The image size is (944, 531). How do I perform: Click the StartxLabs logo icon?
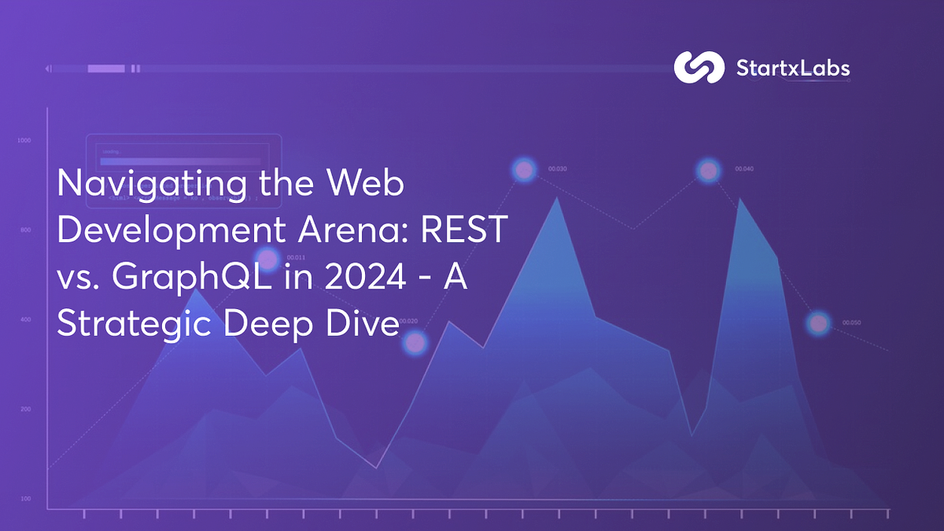699,68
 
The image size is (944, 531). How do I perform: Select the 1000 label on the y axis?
24,141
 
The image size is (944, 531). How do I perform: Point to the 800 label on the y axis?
24,230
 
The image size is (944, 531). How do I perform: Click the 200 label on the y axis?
24,410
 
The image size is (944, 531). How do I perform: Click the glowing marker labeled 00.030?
524,169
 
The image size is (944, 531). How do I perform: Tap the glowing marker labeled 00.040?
708,170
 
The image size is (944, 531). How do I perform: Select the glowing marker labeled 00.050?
819,323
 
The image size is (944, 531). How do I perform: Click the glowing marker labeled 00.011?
268,259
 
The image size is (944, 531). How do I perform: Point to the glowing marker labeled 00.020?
415,342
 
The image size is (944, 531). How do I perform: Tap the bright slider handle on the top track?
106,69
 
